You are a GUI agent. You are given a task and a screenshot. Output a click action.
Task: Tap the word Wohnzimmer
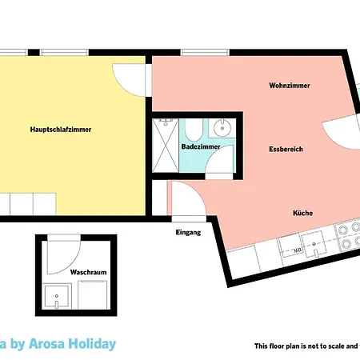(290, 86)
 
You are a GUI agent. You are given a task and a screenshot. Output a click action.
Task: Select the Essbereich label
(286, 150)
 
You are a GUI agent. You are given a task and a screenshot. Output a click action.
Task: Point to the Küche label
(302, 213)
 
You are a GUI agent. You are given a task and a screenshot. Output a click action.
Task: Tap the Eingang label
(187, 233)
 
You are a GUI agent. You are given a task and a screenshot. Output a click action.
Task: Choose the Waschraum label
(88, 272)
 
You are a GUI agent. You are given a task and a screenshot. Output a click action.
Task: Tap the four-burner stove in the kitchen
(349, 234)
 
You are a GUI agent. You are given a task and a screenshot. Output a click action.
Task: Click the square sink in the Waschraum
(57, 297)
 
